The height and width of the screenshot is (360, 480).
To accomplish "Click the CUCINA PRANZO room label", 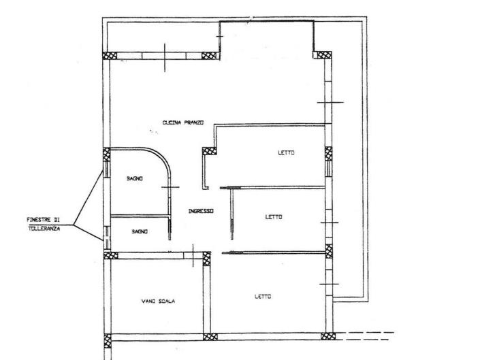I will [x=183, y=122].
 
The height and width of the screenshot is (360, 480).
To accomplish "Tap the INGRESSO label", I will [x=201, y=212].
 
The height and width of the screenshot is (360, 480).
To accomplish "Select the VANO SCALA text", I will [x=158, y=301].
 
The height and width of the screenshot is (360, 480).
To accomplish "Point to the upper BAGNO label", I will [x=133, y=178].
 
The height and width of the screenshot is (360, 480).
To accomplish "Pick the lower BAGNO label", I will [x=140, y=231].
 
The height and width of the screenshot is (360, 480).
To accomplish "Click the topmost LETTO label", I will [x=286, y=152].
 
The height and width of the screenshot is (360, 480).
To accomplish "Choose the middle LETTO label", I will [x=274, y=217].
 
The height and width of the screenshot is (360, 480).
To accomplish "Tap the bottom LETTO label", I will [x=263, y=296].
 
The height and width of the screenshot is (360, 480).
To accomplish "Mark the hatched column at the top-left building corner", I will [x=109, y=55].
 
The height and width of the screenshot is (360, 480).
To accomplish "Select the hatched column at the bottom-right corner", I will [x=328, y=336].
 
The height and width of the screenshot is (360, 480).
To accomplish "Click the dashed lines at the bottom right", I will [x=368, y=336].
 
